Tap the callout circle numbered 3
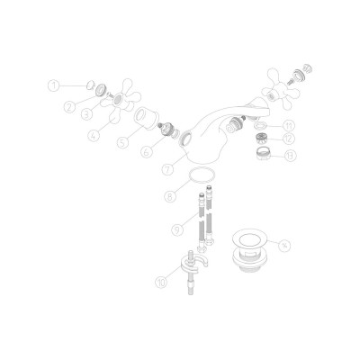click(87, 115)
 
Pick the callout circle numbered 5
click(123, 141)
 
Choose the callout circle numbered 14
click(284, 243)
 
